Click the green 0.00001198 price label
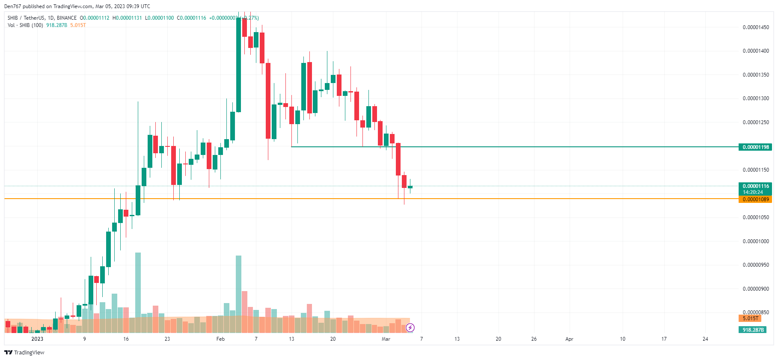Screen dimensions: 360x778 pos(755,147)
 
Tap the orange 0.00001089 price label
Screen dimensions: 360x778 pos(755,199)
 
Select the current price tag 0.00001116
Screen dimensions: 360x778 pos(755,186)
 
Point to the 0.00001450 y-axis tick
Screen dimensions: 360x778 pos(755,27)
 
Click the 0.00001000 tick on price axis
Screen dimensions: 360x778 pos(755,241)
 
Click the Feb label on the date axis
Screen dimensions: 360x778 pos(220,339)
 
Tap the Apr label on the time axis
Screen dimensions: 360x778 pos(569,339)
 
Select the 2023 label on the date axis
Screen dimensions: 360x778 pos(37,339)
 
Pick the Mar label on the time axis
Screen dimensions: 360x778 pos(386,339)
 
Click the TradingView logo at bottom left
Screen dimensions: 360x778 pos(24,352)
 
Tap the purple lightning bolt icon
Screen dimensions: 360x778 pos(410,328)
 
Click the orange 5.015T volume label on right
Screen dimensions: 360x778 pos(750,318)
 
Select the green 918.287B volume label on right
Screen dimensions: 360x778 pos(753,330)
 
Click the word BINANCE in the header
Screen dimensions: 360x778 pos(67,18)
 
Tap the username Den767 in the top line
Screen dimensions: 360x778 pos(12,6)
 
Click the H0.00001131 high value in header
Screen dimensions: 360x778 pos(127,18)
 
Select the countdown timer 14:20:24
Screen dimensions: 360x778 pos(753,192)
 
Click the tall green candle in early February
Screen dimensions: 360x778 pos(238,64)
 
